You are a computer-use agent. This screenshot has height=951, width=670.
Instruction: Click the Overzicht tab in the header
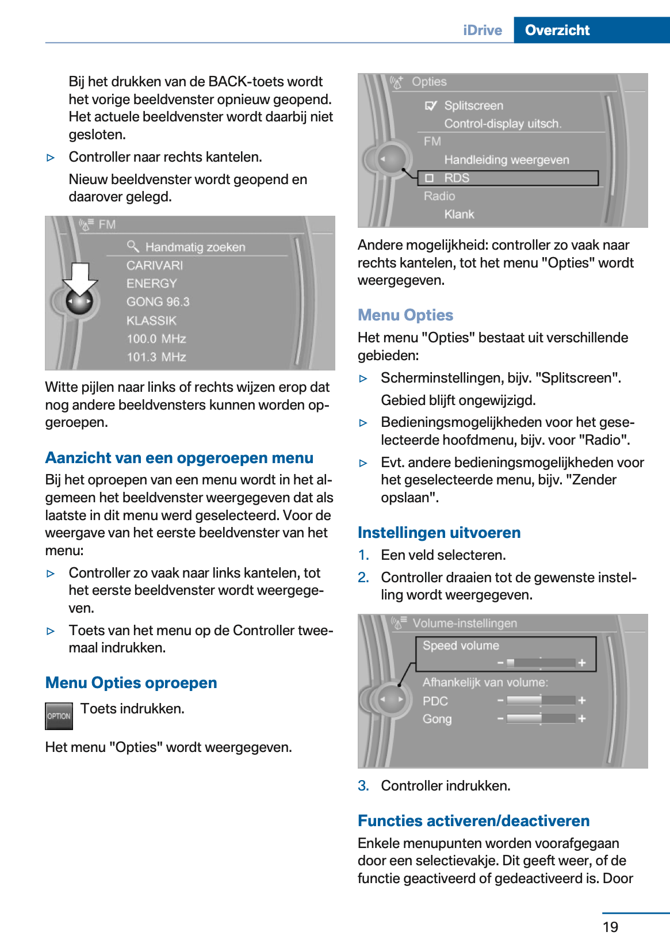557,30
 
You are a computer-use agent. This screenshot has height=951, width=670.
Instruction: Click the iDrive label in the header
483,30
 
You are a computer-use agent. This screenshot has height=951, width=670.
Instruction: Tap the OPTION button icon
59,716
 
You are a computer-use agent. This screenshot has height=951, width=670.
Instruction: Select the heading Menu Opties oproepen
131,683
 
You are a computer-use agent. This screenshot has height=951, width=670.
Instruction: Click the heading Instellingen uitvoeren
439,533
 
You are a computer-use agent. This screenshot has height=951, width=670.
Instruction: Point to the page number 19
610,927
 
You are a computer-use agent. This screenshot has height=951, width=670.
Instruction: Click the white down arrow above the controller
80,278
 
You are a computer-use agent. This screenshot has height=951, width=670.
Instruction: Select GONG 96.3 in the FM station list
158,301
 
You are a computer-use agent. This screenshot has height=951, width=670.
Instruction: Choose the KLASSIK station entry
151,320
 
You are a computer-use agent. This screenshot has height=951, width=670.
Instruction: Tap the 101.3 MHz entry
156,357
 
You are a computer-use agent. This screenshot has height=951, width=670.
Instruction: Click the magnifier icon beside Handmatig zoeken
133,246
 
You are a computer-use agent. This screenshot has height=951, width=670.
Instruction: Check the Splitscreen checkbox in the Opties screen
430,106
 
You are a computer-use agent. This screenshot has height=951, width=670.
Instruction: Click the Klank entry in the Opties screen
459,214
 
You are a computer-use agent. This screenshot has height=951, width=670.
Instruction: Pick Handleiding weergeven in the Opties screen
506,160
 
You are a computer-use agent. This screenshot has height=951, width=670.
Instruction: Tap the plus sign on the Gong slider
582,719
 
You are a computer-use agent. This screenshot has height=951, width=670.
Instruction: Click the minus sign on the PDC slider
500,700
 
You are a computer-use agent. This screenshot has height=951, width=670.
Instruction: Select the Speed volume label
461,646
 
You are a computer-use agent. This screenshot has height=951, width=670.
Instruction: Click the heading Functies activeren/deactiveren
473,821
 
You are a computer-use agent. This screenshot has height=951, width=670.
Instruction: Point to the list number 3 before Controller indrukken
363,786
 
